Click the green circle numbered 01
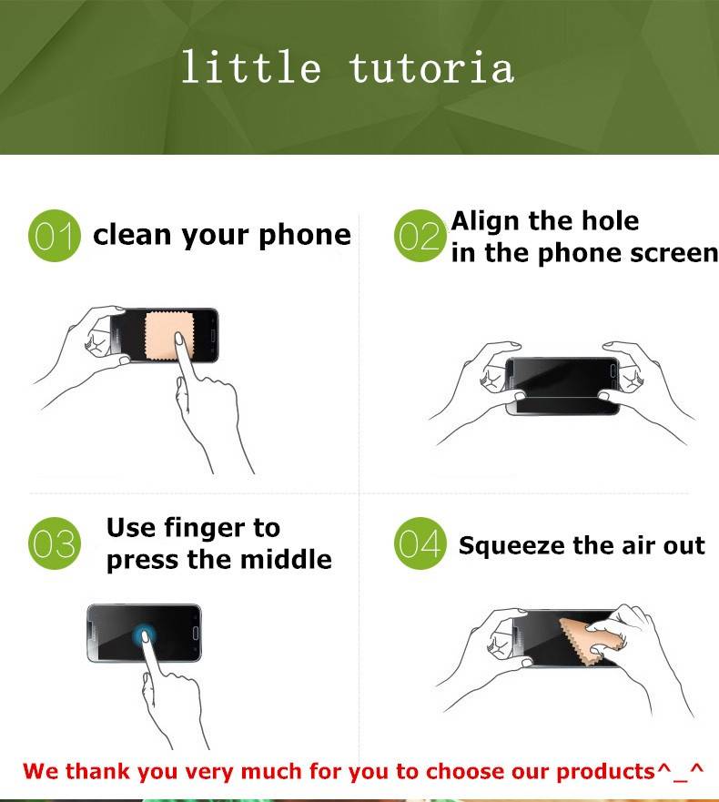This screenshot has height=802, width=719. point(55,236)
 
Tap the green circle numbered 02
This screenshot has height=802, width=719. point(420,236)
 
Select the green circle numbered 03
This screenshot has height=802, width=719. point(55,543)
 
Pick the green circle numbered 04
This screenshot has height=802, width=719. point(420,543)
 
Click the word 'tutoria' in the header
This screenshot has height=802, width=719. point(432,67)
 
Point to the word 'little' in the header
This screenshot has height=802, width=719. point(251,66)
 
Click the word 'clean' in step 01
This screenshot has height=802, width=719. point(132,235)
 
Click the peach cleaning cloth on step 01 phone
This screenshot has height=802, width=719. point(168,335)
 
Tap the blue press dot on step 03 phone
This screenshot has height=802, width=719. point(145,635)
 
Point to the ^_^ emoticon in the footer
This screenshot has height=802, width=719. point(680,771)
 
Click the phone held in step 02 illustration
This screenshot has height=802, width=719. point(562,386)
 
